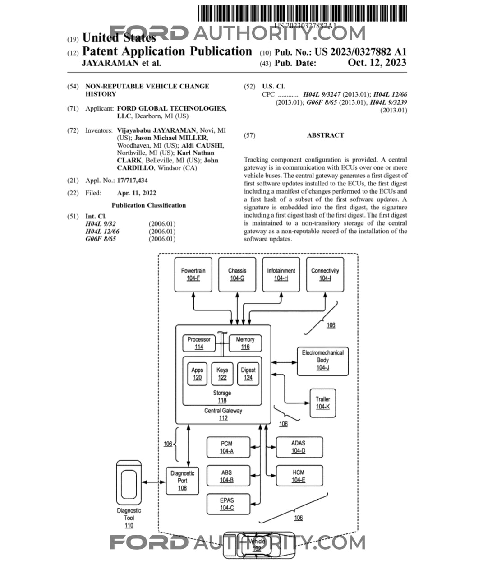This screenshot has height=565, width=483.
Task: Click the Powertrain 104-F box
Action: point(193,274)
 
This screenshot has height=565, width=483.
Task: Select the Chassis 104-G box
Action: point(237,274)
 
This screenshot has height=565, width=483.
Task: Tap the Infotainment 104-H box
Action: point(281,274)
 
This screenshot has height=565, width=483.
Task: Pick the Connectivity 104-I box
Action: point(325,274)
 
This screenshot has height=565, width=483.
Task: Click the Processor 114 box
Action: point(199,343)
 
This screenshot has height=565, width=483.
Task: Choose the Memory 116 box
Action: point(245,343)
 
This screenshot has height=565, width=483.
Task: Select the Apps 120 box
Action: point(197,374)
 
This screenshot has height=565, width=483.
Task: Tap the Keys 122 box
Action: point(222,374)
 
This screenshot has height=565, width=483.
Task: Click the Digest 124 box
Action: point(248,374)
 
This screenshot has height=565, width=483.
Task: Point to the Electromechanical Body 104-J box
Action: point(322,361)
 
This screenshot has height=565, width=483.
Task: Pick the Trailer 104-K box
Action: point(322,403)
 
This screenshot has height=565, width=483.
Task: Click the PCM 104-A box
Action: point(228,447)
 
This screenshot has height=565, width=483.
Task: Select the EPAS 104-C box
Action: point(228,504)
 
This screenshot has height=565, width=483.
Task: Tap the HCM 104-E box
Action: point(299,476)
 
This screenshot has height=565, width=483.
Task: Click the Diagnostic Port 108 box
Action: point(182,481)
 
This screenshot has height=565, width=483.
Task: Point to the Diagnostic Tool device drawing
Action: point(129,482)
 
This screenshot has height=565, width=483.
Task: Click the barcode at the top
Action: point(303,13)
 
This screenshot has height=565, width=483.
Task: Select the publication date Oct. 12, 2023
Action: point(377,63)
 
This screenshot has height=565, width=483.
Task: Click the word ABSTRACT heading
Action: point(325,135)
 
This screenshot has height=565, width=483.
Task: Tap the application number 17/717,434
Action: point(133,181)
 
